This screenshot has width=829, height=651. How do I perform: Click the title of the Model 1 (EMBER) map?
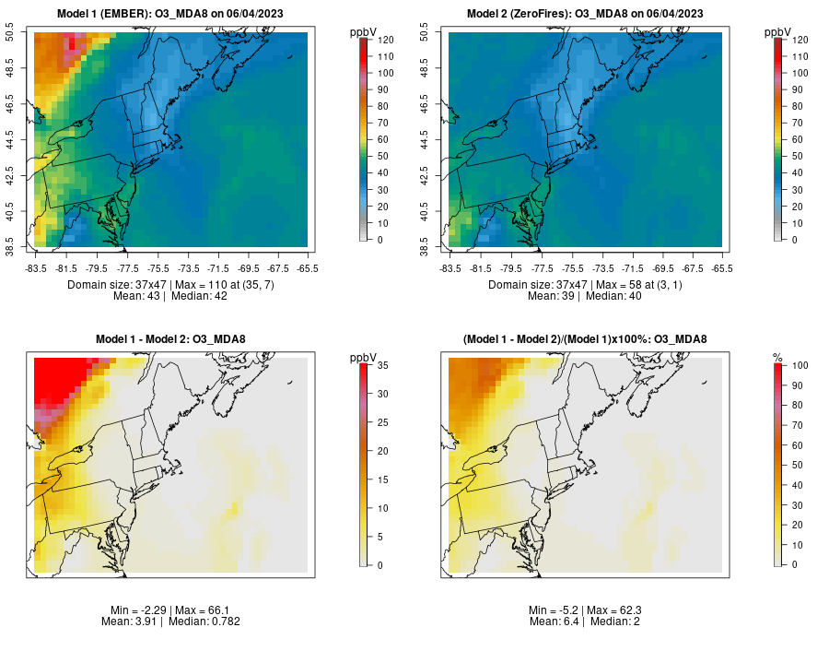(x=170, y=13)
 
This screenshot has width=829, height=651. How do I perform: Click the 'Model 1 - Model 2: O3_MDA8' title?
(x=170, y=339)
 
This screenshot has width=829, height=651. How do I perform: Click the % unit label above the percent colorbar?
(x=777, y=357)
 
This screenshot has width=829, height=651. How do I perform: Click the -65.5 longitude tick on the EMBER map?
(x=307, y=267)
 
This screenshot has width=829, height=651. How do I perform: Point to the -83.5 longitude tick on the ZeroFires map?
(x=450, y=267)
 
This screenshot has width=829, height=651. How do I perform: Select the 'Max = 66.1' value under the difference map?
(x=200, y=610)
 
